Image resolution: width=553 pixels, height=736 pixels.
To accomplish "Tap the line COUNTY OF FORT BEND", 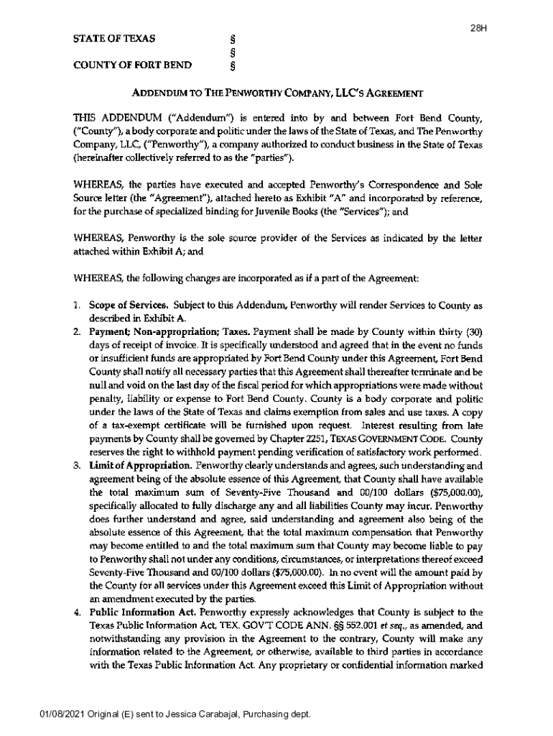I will (132, 66).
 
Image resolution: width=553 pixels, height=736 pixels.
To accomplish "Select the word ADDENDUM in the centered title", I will (158, 93).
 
